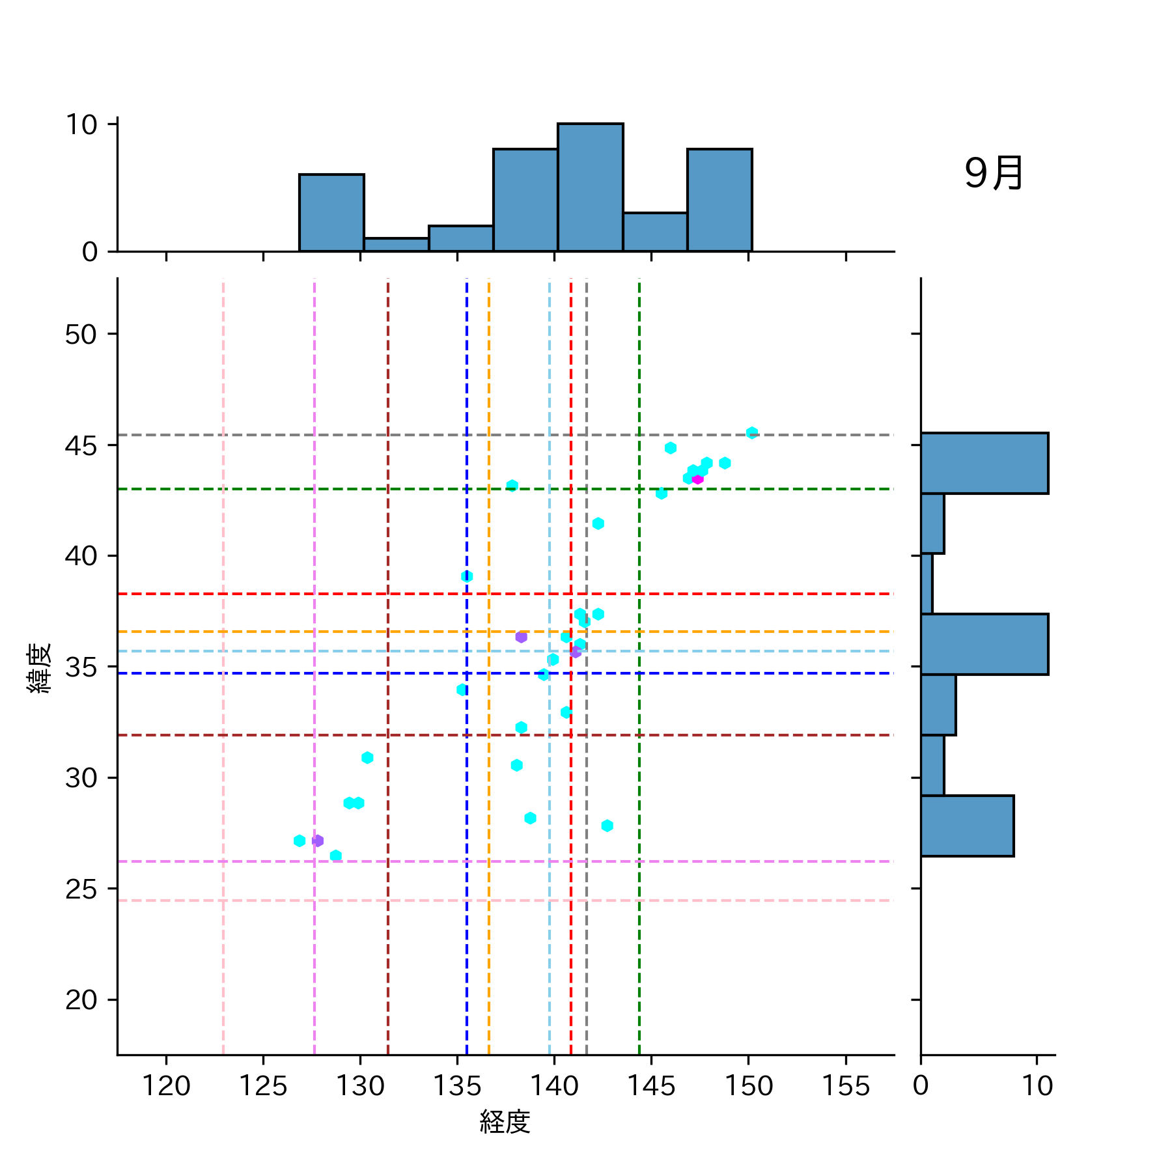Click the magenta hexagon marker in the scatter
click(x=697, y=479)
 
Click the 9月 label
click(x=994, y=174)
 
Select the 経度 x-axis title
click(x=505, y=1122)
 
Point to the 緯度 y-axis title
click(x=39, y=668)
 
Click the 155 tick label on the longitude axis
click(x=845, y=1086)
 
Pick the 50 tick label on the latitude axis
click(x=81, y=335)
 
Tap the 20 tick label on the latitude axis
click(x=81, y=999)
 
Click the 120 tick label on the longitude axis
click(x=166, y=1086)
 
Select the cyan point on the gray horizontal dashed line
click(x=751, y=433)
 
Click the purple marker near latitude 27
click(x=318, y=841)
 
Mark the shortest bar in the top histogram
click(x=396, y=245)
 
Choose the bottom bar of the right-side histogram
click(x=967, y=826)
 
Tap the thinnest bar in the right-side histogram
click(x=927, y=583)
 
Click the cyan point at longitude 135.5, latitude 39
click(x=467, y=576)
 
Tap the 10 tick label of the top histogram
click(x=81, y=124)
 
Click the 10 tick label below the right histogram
click(x=1037, y=1086)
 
